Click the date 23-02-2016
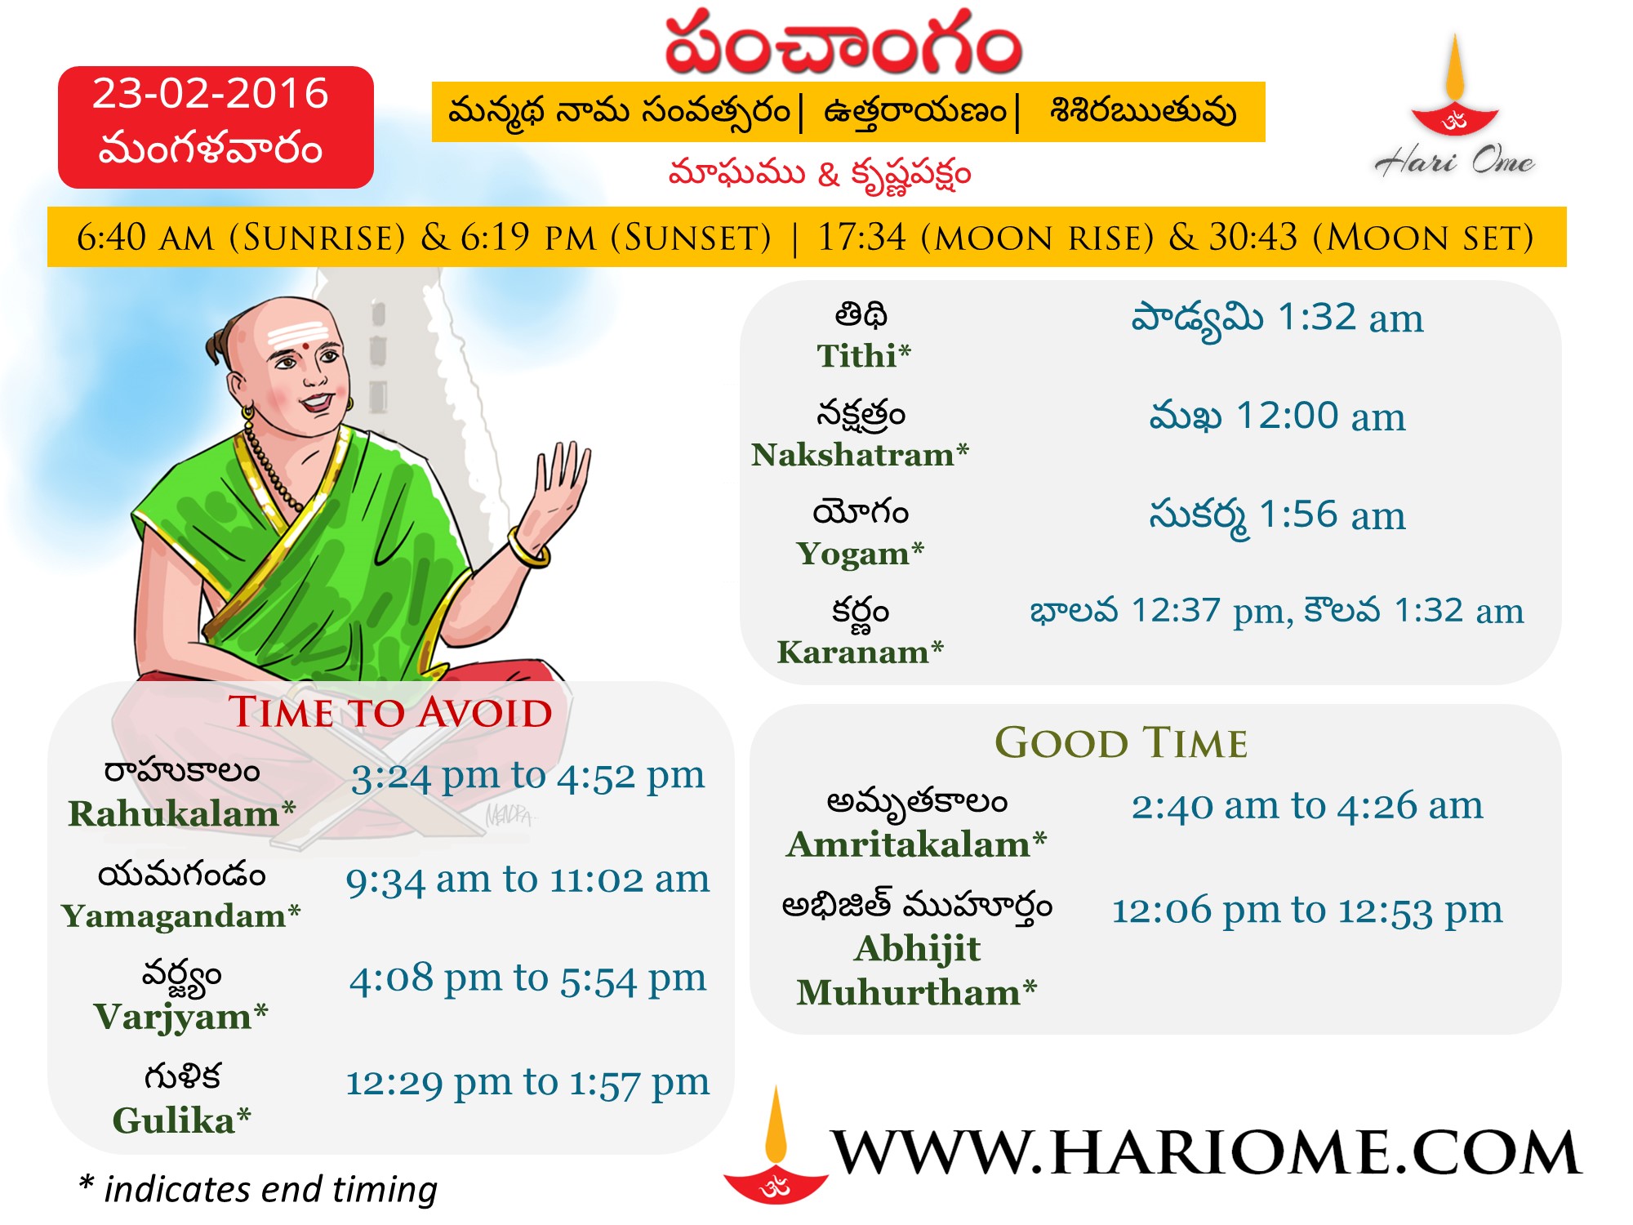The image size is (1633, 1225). point(210,94)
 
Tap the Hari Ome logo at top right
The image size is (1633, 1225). point(1454,106)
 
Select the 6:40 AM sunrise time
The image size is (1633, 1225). point(145,238)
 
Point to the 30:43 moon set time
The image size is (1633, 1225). point(1253,238)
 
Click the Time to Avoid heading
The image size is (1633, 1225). point(390,712)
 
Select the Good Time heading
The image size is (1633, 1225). point(1121,743)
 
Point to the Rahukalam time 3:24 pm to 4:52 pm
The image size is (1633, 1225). point(527,776)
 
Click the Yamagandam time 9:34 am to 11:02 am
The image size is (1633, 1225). point(527,880)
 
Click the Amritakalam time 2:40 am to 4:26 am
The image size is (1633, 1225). point(1306,806)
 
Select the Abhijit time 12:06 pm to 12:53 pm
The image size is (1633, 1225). point(1306,910)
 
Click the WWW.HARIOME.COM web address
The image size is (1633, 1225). point(1206,1152)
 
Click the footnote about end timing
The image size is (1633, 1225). point(258,1189)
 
